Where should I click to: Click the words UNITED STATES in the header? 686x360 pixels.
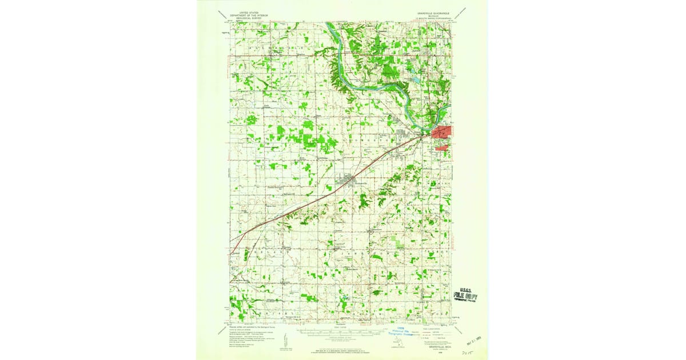(241, 11)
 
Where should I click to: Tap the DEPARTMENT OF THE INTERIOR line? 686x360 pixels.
(241, 14)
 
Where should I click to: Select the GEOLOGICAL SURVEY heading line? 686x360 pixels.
(241, 17)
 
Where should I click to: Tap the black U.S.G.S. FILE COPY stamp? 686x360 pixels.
(465, 294)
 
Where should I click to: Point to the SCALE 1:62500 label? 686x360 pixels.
(340, 327)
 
